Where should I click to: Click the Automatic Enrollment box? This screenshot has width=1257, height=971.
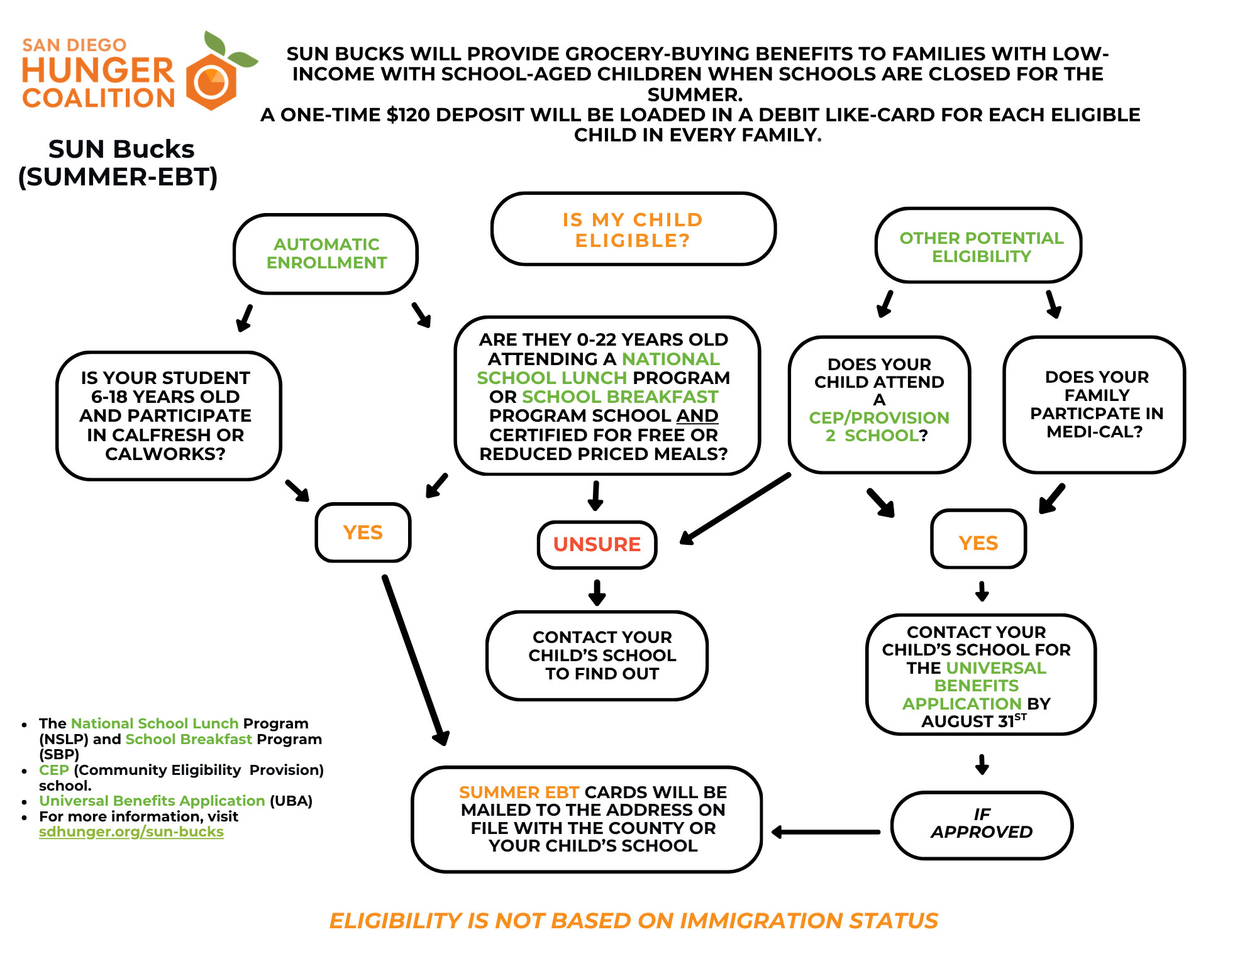326,253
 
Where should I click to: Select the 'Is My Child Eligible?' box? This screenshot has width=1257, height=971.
633,229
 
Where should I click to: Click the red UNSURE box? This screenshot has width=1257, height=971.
597,544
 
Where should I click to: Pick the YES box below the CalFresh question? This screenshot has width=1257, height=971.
363,532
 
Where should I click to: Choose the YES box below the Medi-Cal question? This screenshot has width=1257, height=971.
978,542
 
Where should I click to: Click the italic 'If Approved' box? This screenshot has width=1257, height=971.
981,824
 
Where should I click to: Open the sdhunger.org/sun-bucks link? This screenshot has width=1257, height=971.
131,831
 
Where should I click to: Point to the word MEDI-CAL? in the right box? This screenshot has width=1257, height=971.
1094,432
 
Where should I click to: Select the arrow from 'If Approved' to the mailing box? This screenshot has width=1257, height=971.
826,831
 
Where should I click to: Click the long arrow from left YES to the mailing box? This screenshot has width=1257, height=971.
415,660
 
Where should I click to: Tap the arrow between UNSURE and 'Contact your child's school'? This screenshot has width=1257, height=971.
597,592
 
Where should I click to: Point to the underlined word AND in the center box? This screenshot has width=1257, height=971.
697,415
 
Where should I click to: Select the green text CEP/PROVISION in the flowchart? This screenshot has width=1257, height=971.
878,417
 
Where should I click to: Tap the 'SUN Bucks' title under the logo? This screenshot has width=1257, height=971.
121,150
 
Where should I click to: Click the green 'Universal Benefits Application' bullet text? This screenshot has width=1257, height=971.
152,801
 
